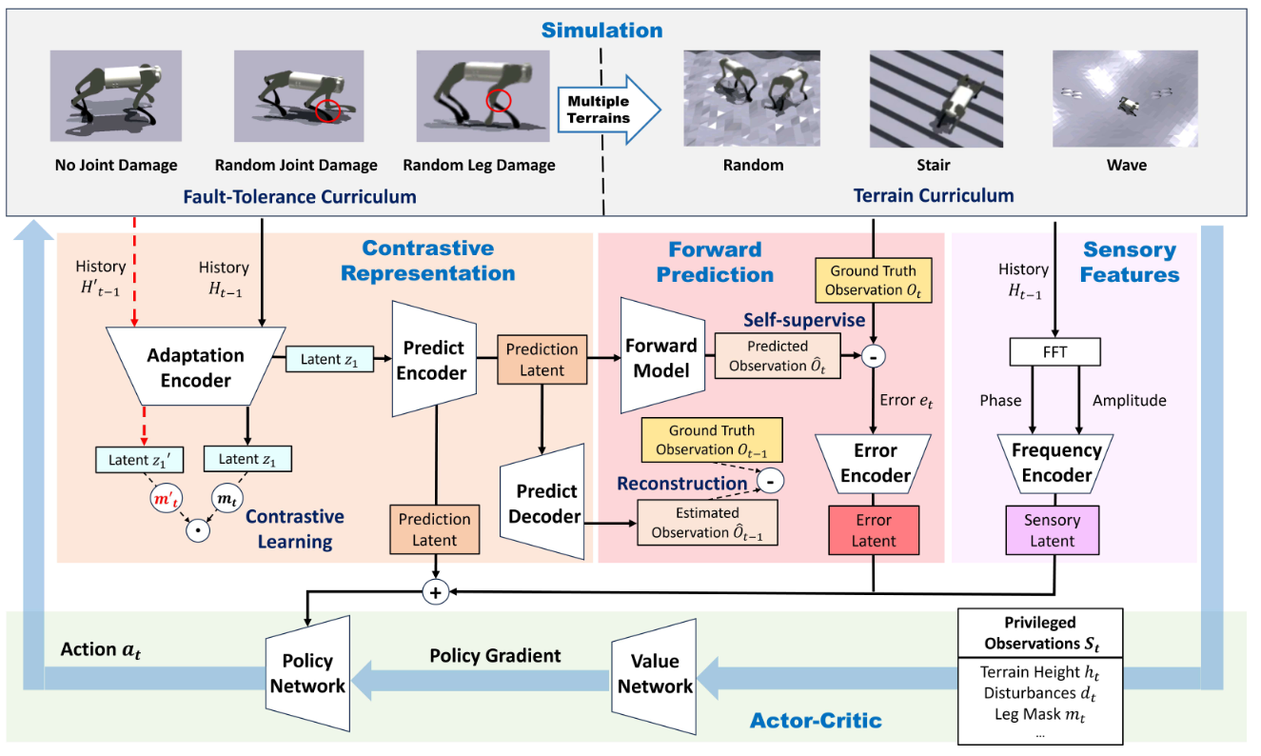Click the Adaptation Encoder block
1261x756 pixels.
[195, 367]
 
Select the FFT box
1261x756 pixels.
[1055, 352]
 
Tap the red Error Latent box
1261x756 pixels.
[874, 530]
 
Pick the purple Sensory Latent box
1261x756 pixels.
[1053, 530]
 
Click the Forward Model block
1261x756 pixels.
[662, 356]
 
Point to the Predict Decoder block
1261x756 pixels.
[542, 502]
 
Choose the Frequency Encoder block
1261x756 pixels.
[1055, 464]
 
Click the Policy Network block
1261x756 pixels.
[308, 673]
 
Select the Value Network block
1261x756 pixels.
[654, 676]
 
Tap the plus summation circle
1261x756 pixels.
[435, 592]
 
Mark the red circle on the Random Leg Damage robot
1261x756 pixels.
[498, 101]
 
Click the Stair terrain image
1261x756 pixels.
[936, 99]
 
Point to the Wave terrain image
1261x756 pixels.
[1125, 99]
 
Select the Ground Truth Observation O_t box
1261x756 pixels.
[873, 281]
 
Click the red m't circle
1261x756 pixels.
[166, 498]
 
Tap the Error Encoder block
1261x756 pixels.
[874, 464]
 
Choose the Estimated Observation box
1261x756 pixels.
[708, 522]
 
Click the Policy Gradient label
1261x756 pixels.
[495, 656]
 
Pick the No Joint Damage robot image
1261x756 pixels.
[116, 96]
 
